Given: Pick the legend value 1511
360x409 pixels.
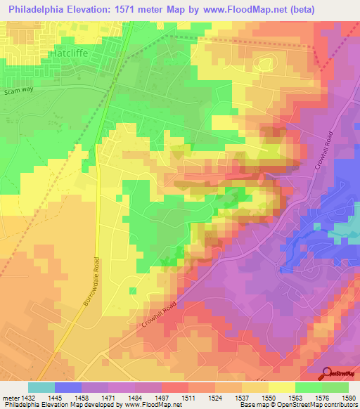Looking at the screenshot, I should (x=188, y=397).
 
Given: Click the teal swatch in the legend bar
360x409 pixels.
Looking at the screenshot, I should (x=41, y=387).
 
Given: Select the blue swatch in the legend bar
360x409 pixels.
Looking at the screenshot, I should (x=68, y=387).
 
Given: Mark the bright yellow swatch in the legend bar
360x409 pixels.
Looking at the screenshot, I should (x=282, y=387).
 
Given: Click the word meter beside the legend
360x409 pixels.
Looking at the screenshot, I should (x=11, y=397).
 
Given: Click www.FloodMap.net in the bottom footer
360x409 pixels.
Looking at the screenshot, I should (x=148, y=405).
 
